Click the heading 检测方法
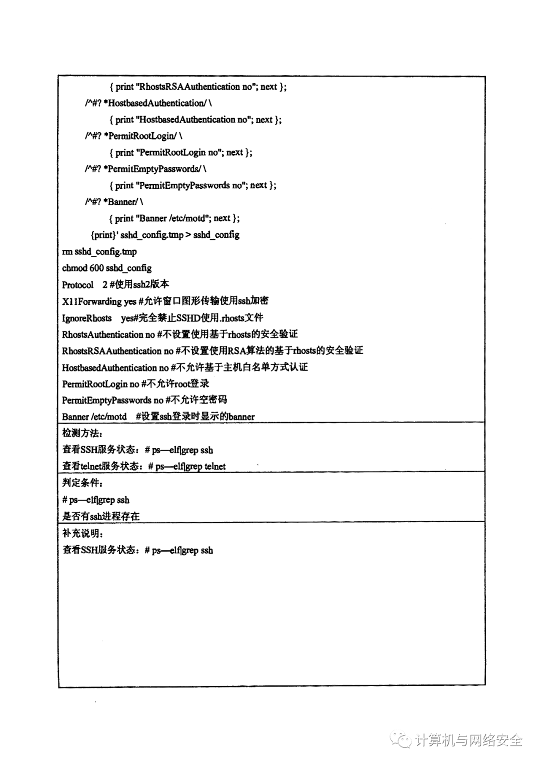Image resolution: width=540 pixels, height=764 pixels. pyautogui.click(x=82, y=433)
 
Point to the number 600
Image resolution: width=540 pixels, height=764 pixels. pyautogui.click(x=96, y=268)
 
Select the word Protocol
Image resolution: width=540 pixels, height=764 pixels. pyautogui.click(x=77, y=285)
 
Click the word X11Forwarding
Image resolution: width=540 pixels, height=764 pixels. pyautogui.click(x=91, y=301)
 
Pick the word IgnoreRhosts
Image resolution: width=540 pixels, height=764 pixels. pyautogui.click(x=86, y=318)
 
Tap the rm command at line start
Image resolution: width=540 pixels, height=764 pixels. pyautogui.click(x=67, y=251)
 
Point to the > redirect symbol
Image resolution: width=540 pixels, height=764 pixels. pyautogui.click(x=188, y=235)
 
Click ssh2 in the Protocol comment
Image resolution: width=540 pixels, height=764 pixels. pyautogui.click(x=141, y=284)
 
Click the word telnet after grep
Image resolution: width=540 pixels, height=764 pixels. pyautogui.click(x=215, y=467)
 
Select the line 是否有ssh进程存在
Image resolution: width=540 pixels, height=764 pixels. pyautogui.click(x=100, y=516)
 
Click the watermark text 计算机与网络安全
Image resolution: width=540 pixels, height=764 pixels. pyautogui.click(x=469, y=739)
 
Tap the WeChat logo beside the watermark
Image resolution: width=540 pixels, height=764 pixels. pyautogui.click(x=401, y=739)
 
